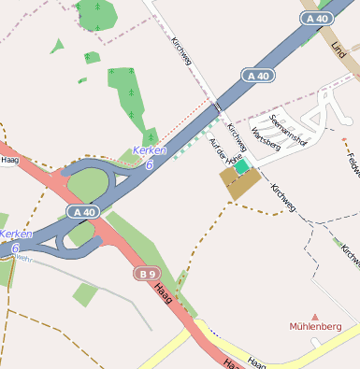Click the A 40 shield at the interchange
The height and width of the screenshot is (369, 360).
point(84,212)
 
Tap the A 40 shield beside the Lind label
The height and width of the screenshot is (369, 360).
point(318,18)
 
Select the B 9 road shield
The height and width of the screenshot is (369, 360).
point(144,274)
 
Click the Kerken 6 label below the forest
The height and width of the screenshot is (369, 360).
point(149,156)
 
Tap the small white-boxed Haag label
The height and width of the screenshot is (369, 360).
point(11,161)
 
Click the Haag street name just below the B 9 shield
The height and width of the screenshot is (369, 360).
point(165,295)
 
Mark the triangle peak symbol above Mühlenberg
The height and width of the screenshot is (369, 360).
point(314,317)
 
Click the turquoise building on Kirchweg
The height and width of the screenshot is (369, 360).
point(242,166)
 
